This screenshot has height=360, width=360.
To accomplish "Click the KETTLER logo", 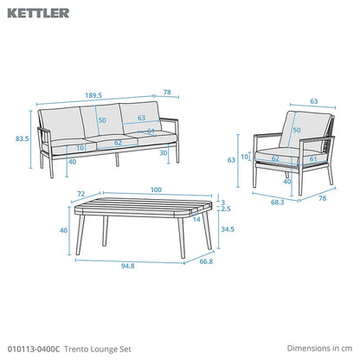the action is click(38, 13).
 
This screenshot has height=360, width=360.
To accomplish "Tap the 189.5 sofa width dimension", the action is click(93, 95).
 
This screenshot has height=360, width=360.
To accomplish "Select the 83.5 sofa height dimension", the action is click(22, 138).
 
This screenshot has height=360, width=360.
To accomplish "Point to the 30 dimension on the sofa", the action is click(164, 152).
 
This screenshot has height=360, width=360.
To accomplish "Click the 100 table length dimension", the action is click(156, 190).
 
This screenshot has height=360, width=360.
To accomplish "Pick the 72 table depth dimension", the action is click(81, 194).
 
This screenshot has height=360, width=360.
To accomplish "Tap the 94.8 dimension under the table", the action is click(128, 266).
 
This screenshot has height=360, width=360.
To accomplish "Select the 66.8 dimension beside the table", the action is click(206, 261).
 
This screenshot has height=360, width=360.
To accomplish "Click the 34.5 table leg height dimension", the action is click(228, 229).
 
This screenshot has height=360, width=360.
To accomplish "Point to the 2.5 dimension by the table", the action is click(226, 209).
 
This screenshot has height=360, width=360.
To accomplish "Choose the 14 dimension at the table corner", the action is click(196, 220).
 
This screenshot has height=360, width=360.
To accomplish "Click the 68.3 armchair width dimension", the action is click(277, 202).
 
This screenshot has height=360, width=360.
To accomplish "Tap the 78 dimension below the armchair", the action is click(323, 198).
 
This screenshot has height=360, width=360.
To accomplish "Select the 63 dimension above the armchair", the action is click(314, 101).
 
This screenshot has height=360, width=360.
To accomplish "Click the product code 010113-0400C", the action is click(34, 349).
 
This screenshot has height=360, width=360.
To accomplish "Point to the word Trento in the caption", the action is click(76, 349).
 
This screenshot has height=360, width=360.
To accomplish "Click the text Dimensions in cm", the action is click(319, 348).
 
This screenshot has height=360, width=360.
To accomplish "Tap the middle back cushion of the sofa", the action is click(101, 120).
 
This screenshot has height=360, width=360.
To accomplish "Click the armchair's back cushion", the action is click(305, 131).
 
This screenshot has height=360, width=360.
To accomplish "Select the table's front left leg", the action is click(80, 235).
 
